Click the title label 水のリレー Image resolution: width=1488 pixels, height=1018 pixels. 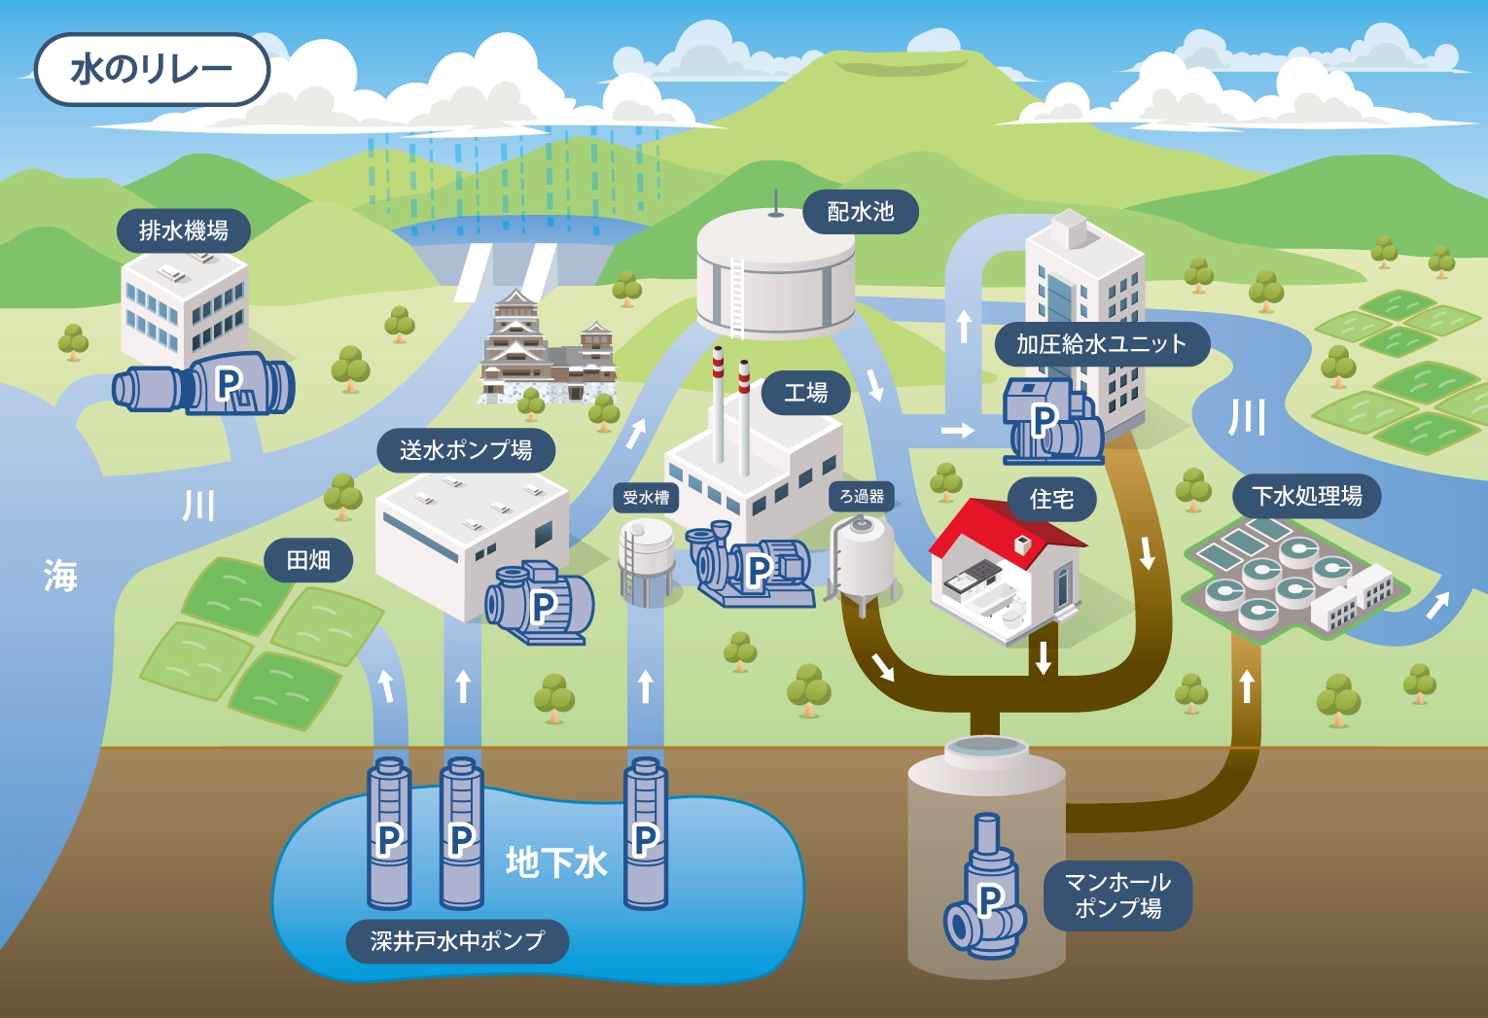pyautogui.click(x=152, y=69)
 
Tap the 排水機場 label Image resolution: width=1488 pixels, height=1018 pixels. pyautogui.click(x=183, y=231)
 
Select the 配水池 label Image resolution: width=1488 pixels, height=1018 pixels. pyautogui.click(x=860, y=212)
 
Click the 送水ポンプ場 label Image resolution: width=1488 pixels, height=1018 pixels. pyautogui.click(x=465, y=450)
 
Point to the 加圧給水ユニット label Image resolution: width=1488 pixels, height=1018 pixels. pyautogui.click(x=1101, y=344)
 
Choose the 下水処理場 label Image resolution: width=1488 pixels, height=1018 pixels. pyautogui.click(x=1306, y=497)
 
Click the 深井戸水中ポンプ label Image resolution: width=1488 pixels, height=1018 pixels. pyautogui.click(x=456, y=941)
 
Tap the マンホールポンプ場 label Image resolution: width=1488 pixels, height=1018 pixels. pyautogui.click(x=1117, y=895)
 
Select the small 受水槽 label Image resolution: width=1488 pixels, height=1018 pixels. pyautogui.click(x=646, y=498)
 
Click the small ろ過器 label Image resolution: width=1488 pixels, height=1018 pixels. pyautogui.click(x=862, y=497)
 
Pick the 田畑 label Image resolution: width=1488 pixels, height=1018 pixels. pyautogui.click(x=308, y=561)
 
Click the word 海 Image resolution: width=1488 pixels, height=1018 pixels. pyautogui.click(x=59, y=576)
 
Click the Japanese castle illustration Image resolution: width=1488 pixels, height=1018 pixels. pyautogui.click(x=545, y=350)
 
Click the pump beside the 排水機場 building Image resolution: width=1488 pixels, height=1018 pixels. pyautogui.click(x=209, y=385)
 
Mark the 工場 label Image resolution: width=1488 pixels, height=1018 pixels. pyautogui.click(x=806, y=393)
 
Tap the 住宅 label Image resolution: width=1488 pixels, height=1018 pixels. pyautogui.click(x=1051, y=500)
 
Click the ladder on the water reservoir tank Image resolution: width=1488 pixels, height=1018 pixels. pyautogui.click(x=736, y=297)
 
